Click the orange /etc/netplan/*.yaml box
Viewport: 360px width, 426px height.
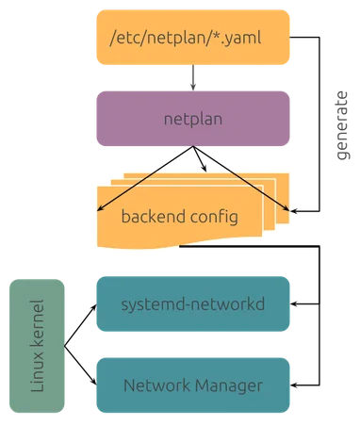(x=191, y=41)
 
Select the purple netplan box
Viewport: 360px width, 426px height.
(x=191, y=121)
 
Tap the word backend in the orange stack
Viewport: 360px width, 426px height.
(x=153, y=216)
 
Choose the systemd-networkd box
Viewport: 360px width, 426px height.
(x=191, y=304)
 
